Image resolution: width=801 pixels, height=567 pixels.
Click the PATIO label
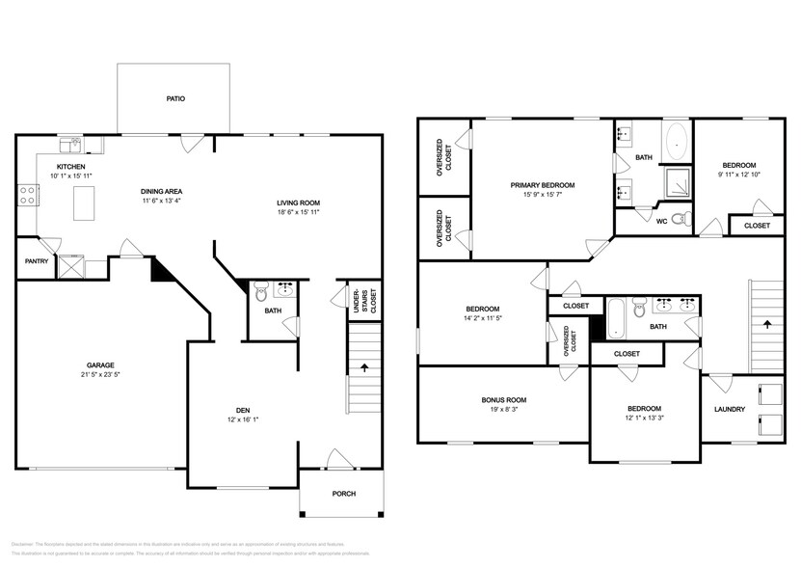point(174,98)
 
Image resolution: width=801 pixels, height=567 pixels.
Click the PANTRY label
point(37,260)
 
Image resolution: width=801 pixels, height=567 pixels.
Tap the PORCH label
point(343,494)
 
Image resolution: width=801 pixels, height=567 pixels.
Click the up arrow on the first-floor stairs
point(364,367)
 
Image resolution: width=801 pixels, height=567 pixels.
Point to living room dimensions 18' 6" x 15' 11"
point(298,212)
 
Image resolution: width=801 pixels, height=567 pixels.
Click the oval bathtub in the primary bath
point(676,142)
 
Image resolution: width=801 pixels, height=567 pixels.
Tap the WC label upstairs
point(662,221)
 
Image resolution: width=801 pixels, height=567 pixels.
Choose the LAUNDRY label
point(730,409)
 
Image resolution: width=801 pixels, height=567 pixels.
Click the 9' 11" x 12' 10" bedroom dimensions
point(739,175)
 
